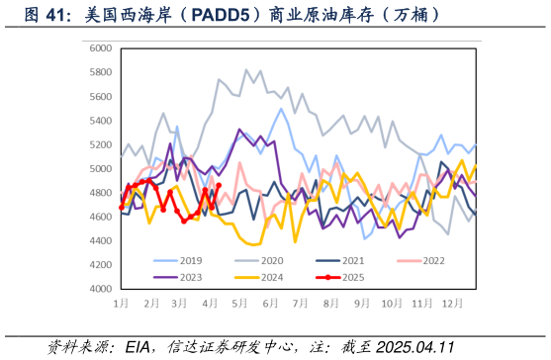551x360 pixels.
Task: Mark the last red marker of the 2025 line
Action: [219, 185]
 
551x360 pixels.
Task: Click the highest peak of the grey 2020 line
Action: [246, 70]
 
